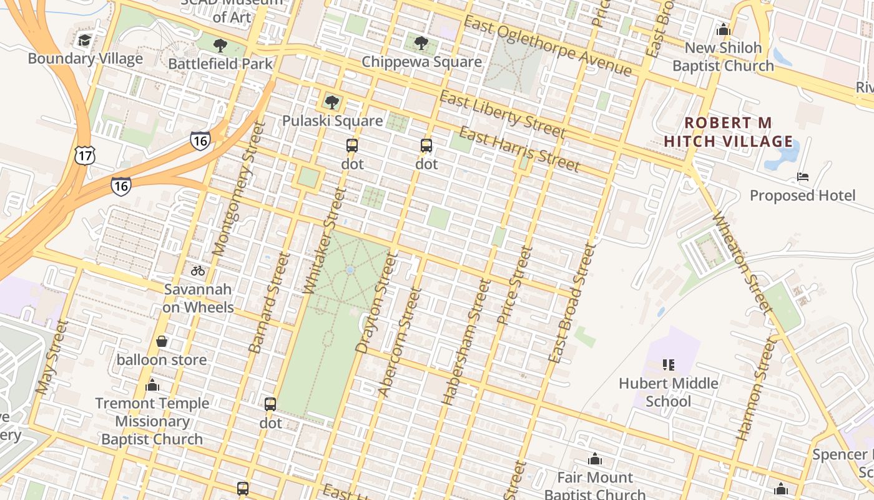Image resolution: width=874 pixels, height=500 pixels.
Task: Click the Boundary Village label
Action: pos(86,59)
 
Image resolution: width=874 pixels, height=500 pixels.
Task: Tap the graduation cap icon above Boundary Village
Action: pos(85,41)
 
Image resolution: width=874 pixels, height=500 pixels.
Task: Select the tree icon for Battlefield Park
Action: pos(220,46)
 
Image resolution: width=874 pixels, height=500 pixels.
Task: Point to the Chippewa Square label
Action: pos(421,62)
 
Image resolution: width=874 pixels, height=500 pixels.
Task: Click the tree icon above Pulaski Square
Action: pos(332,102)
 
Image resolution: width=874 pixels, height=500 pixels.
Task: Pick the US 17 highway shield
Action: pos(84,154)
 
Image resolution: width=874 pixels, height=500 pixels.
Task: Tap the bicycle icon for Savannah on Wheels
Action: pos(198,271)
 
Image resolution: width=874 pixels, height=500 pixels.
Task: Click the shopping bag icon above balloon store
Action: pos(162,341)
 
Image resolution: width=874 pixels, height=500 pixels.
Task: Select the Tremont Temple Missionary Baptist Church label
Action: pos(152,421)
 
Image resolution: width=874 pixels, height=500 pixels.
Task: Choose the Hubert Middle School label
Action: pos(669,392)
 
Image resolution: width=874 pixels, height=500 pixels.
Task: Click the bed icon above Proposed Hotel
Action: pos(803,177)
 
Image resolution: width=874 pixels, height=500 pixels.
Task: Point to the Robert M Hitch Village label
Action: pos(728,132)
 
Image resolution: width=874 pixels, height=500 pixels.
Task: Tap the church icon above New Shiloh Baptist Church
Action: pos(724,29)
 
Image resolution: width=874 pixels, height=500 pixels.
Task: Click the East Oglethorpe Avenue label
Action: pos(548,46)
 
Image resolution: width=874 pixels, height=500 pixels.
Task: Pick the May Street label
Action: pos(51,357)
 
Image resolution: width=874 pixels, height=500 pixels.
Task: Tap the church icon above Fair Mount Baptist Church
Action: pos(594,459)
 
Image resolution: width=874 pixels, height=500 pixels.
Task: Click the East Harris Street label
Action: pos(519,149)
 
